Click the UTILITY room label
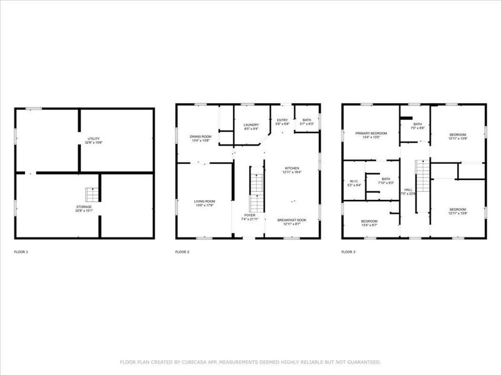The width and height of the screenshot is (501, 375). [93, 139]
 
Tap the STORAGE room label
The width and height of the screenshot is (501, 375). [85, 207]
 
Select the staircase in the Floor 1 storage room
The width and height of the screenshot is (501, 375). [92, 194]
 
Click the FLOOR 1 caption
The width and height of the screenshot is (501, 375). [21, 252]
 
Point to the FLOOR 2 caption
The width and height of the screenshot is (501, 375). [182, 252]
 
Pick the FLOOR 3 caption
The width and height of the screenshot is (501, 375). [348, 252]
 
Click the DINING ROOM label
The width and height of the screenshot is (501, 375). [201, 136]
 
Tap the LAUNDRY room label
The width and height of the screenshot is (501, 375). [251, 125]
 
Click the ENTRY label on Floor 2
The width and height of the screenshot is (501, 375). [282, 119]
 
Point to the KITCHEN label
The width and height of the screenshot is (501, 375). [292, 168]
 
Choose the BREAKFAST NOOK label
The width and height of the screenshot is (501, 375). [292, 219]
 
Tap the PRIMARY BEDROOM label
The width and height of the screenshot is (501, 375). [371, 133]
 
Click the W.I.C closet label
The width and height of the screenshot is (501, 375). [354, 181]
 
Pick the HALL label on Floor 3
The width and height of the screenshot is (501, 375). [408, 189]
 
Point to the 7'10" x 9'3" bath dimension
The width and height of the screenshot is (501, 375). [386, 182]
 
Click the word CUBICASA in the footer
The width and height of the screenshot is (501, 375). [186, 362]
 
